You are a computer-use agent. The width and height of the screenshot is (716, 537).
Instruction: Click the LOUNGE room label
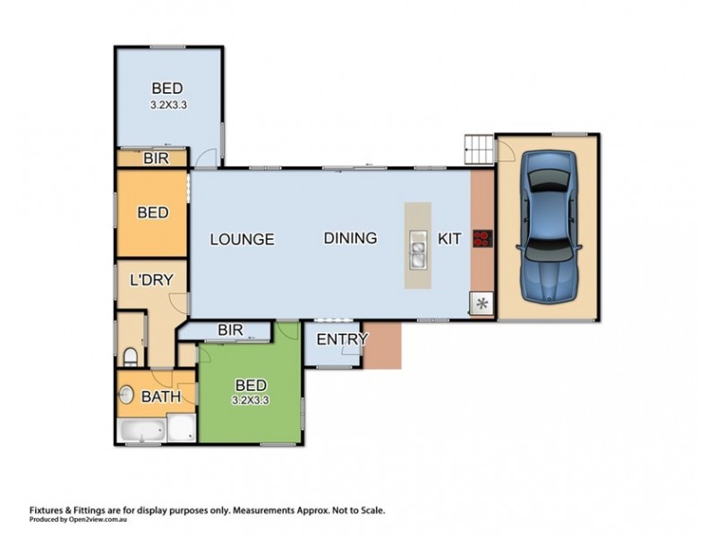pyautogui.click(x=242, y=239)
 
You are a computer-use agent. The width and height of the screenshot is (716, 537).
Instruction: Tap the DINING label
pyautogui.click(x=350, y=238)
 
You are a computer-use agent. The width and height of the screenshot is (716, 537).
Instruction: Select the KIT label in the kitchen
pyautogui.click(x=449, y=238)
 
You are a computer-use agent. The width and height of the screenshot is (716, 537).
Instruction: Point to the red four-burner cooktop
pyautogui.click(x=482, y=238)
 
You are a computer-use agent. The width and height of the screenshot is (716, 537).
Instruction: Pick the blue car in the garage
pyautogui.click(x=549, y=226)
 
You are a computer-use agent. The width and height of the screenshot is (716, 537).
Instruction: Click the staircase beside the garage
pyautogui.click(x=479, y=149)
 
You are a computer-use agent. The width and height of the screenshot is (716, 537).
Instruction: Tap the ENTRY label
pyautogui.click(x=342, y=339)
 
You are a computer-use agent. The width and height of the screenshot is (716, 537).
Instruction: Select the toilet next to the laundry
pyautogui.click(x=130, y=357)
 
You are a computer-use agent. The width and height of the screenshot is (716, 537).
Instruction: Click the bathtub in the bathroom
pyautogui.click(x=141, y=430)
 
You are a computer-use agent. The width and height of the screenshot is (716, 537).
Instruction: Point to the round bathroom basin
pyautogui.click(x=126, y=395)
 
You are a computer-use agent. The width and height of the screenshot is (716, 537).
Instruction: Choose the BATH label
pyautogui.click(x=161, y=396)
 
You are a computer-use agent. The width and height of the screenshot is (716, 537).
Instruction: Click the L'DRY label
pyautogui.click(x=151, y=279)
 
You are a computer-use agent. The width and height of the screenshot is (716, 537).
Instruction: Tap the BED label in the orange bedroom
pyautogui.click(x=153, y=212)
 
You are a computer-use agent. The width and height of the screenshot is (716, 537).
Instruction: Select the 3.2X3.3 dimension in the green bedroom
pyautogui.click(x=251, y=400)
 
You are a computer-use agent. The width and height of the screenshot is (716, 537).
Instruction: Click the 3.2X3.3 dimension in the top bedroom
pyautogui.click(x=168, y=105)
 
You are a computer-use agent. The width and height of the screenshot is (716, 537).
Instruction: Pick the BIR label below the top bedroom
pyautogui.click(x=156, y=158)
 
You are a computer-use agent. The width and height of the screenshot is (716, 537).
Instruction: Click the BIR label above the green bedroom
pyautogui.click(x=231, y=329)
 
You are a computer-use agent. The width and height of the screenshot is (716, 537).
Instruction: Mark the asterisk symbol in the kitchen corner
pyautogui.click(x=482, y=303)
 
